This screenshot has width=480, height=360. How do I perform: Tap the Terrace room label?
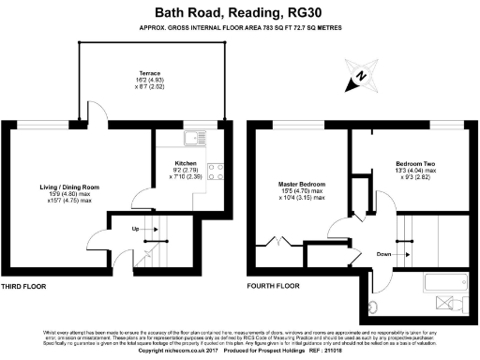(151, 71)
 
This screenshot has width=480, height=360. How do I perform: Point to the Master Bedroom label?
(302, 184)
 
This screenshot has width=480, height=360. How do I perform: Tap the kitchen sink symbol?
(193, 139)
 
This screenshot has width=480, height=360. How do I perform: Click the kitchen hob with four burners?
(214, 170)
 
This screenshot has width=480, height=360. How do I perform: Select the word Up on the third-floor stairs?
(134, 229)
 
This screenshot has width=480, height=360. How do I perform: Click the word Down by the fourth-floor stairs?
(384, 252)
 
